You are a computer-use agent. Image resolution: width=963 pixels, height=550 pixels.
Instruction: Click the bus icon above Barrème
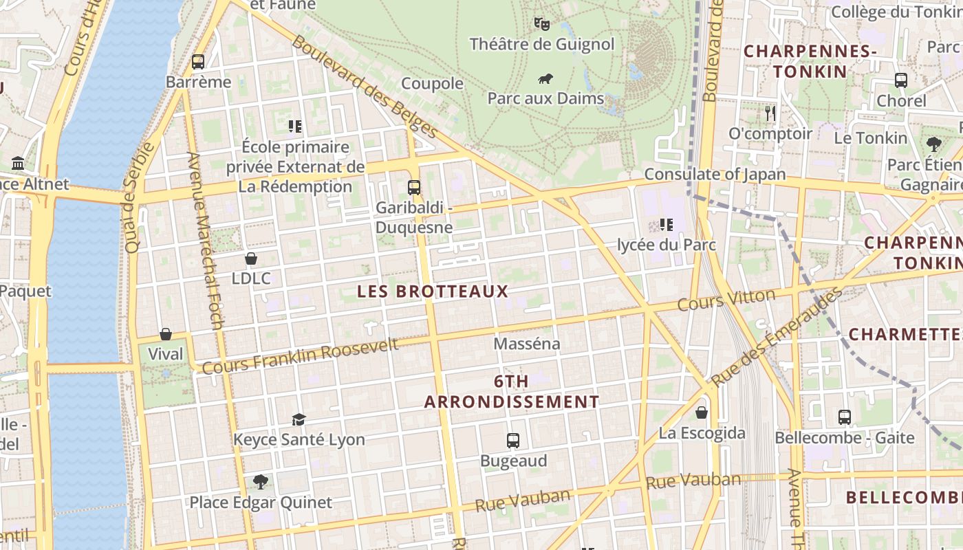click(198, 62)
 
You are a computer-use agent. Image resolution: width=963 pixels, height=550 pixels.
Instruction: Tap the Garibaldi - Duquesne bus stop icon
click(414, 187)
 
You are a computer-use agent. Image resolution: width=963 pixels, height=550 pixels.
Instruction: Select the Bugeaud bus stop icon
click(513, 441)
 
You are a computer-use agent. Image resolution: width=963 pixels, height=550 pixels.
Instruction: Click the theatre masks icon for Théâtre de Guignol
click(542, 24)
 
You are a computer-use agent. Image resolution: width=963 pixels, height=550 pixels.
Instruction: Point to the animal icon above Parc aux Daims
click(546, 78)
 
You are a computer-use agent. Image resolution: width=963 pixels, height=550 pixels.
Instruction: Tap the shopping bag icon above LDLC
click(251, 258)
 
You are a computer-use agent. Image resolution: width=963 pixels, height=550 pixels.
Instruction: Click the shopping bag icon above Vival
click(166, 334)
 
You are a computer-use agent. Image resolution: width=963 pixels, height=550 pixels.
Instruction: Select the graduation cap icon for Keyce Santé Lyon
click(299, 419)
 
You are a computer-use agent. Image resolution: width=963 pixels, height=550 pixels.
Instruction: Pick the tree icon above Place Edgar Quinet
click(260, 481)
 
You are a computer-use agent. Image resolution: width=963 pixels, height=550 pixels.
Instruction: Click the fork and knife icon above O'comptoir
click(770, 113)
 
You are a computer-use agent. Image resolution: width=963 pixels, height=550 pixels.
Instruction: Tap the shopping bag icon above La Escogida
click(702, 412)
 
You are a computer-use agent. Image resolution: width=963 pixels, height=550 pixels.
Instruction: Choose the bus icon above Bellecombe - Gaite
click(845, 417)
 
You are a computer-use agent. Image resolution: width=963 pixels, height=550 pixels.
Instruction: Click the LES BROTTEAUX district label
click(433, 291)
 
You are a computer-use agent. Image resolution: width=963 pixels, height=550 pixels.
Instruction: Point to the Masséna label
click(527, 343)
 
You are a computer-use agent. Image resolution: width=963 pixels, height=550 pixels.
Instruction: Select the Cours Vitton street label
click(726, 300)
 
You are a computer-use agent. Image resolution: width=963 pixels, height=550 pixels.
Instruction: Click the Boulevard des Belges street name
click(365, 86)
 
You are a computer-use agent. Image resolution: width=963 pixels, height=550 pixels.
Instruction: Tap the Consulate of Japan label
click(715, 174)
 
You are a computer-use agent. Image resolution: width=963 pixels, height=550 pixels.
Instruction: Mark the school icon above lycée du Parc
click(666, 224)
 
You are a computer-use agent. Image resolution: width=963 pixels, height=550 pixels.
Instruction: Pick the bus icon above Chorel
click(901, 80)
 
